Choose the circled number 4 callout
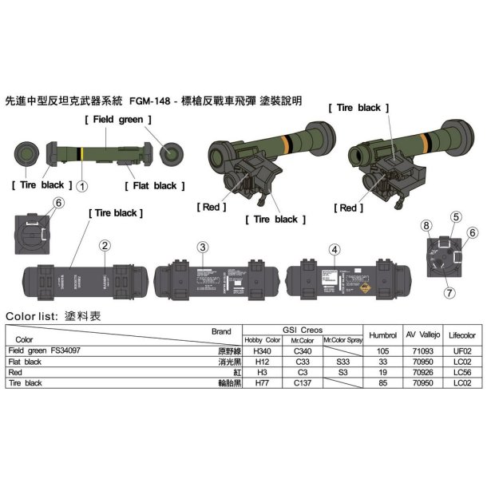(335, 247)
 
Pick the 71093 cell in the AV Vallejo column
(422, 350)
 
